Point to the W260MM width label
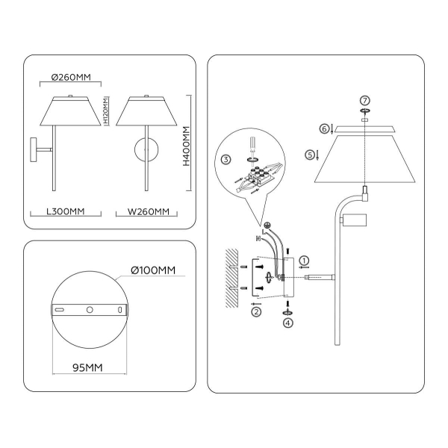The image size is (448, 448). pyautogui.click(x=148, y=211)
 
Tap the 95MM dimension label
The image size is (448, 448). pyautogui.click(x=87, y=367)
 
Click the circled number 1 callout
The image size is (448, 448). pyautogui.click(x=303, y=261)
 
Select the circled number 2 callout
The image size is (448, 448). pyautogui.click(x=256, y=312)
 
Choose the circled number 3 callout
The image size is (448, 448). pyautogui.click(x=227, y=159)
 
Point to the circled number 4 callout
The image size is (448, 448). pyautogui.click(x=288, y=323)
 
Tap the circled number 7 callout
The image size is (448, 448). pyautogui.click(x=364, y=100)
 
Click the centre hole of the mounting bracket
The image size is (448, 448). pyautogui.click(x=89, y=309)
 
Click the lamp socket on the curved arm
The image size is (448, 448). pyautogui.click(x=354, y=220)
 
